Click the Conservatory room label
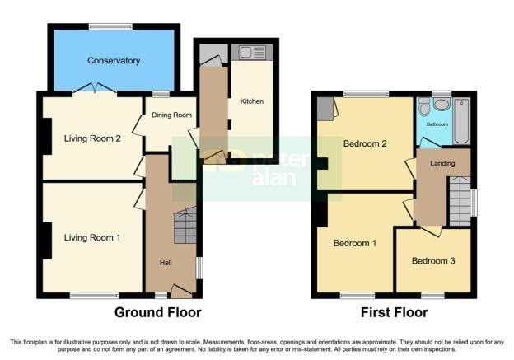point(114,61)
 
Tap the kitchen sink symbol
point(252,52)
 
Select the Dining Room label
point(171,115)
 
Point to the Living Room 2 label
point(92,138)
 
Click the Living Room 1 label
point(92,238)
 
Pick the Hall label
point(166,263)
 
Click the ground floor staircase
point(185,225)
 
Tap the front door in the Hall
point(181,291)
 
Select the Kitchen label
point(252,101)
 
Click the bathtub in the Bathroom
point(461,120)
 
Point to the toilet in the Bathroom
point(424,107)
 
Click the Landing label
point(442,163)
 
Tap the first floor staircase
point(460,201)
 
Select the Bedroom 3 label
point(433,261)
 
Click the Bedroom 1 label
point(355,243)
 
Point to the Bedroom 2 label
point(365,143)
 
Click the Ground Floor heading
point(158,312)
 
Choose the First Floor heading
point(395,312)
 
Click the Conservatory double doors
point(95,88)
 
